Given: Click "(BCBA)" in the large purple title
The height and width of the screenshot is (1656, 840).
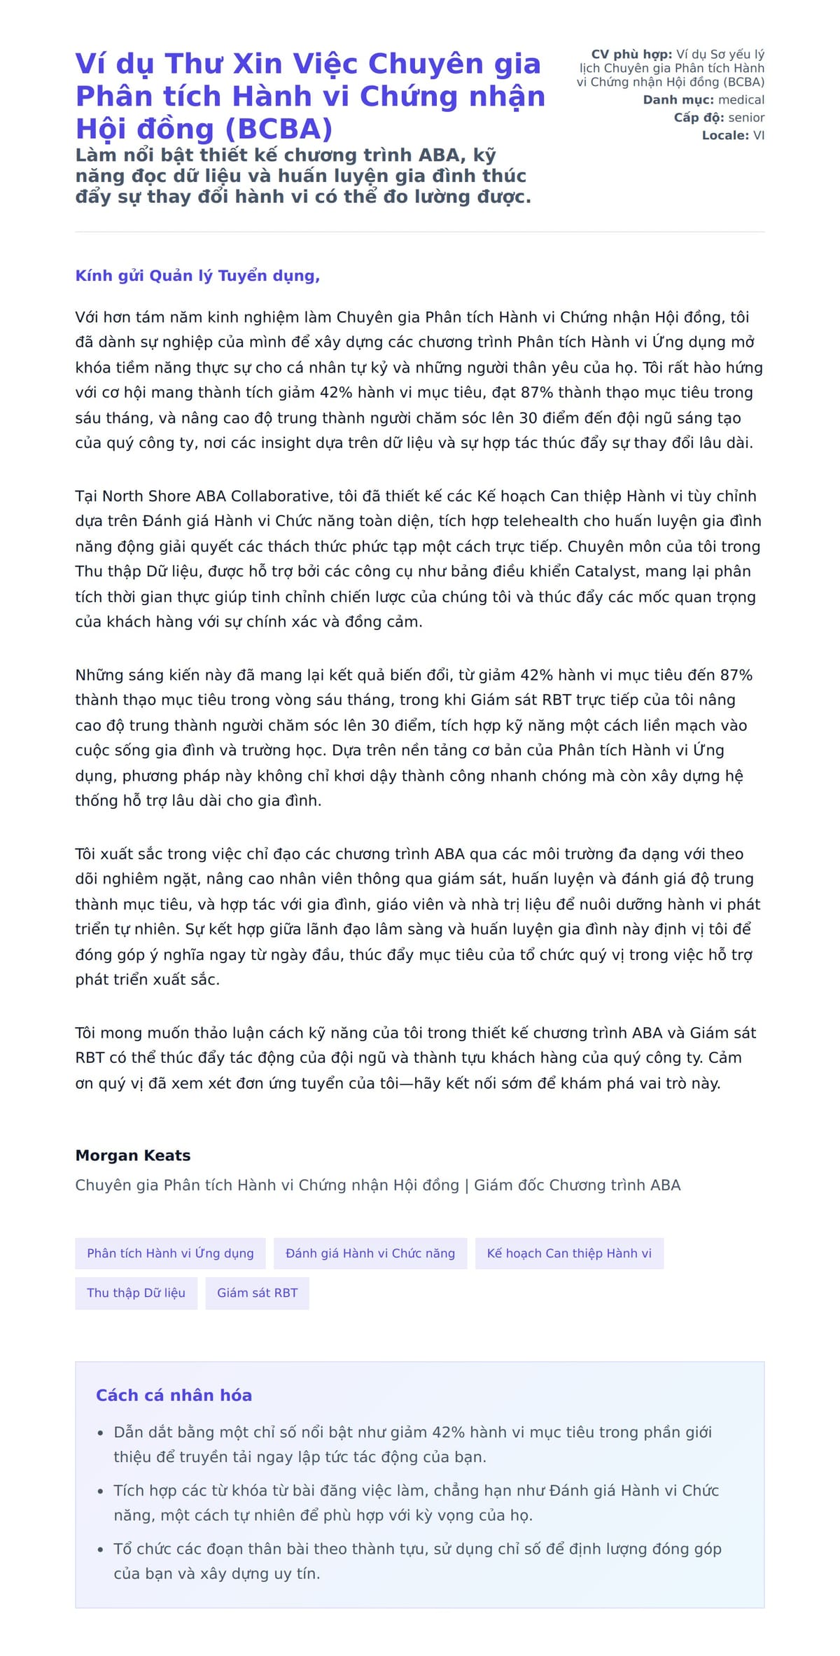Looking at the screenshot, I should pos(278,129).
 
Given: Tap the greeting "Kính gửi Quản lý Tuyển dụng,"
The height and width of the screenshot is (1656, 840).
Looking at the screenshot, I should pos(197,276).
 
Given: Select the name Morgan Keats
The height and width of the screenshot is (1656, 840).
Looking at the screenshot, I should pos(133,1155).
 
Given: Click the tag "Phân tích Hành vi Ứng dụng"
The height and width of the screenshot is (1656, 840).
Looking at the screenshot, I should pos(170,1253).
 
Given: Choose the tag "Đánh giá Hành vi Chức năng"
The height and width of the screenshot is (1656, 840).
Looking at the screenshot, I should pos(370,1253).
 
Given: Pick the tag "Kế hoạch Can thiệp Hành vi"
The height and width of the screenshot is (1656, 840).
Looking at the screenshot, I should pos(569,1253).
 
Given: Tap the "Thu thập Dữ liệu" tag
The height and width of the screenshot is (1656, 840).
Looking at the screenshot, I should pos(136,1293).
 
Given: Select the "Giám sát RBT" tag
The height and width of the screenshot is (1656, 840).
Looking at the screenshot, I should pos(257,1293).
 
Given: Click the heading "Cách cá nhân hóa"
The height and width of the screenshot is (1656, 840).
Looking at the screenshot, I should pos(174,1395).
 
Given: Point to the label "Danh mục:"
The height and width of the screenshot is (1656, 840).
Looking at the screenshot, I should pos(678,100).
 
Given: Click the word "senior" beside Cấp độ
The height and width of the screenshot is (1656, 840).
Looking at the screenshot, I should pos(746,118).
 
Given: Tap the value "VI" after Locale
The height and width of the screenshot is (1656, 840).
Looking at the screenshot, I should pos(759,135).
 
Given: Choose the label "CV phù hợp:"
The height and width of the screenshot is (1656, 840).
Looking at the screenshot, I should pos(631,55).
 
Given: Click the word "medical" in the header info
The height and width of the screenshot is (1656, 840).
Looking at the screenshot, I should pos(741,100).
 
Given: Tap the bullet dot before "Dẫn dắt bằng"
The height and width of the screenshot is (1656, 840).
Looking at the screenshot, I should pos(101,1433).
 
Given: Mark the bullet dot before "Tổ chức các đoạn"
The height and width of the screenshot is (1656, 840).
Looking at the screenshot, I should pos(101,1550).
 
